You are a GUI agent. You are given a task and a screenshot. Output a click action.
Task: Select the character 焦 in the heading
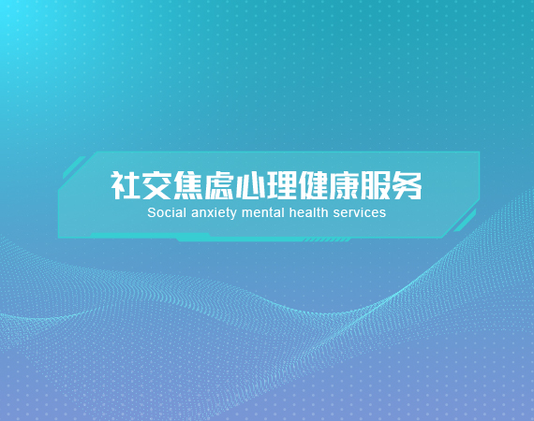[x=187, y=185]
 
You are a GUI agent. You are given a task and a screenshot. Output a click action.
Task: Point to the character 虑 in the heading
[x=218, y=185]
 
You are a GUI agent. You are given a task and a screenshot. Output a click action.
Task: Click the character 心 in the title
[x=250, y=185]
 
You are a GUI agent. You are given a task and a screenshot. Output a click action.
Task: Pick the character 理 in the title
[x=281, y=185]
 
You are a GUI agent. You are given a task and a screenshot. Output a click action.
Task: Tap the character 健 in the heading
[x=313, y=185]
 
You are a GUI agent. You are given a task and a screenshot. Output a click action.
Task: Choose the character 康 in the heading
[x=344, y=185]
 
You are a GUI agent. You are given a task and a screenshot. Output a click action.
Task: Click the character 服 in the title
[x=376, y=185]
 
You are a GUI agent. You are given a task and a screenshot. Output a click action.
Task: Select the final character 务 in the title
[x=407, y=185]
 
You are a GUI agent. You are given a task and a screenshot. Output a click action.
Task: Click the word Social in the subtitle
[x=167, y=213]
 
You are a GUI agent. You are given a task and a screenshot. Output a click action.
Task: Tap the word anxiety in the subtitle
[x=214, y=213]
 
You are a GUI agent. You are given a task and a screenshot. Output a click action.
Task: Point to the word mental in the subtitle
[x=262, y=213]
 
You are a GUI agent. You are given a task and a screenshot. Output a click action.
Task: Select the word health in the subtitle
[x=308, y=213]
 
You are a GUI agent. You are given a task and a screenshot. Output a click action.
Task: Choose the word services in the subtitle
[x=360, y=213]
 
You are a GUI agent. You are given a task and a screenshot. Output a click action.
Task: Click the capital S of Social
[x=151, y=213]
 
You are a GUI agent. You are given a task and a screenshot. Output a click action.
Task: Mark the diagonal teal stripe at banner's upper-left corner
[x=74, y=167]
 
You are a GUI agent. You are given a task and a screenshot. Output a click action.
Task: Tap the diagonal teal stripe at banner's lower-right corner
[x=465, y=221]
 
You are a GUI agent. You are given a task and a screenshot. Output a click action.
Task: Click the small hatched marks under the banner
[x=327, y=240]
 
